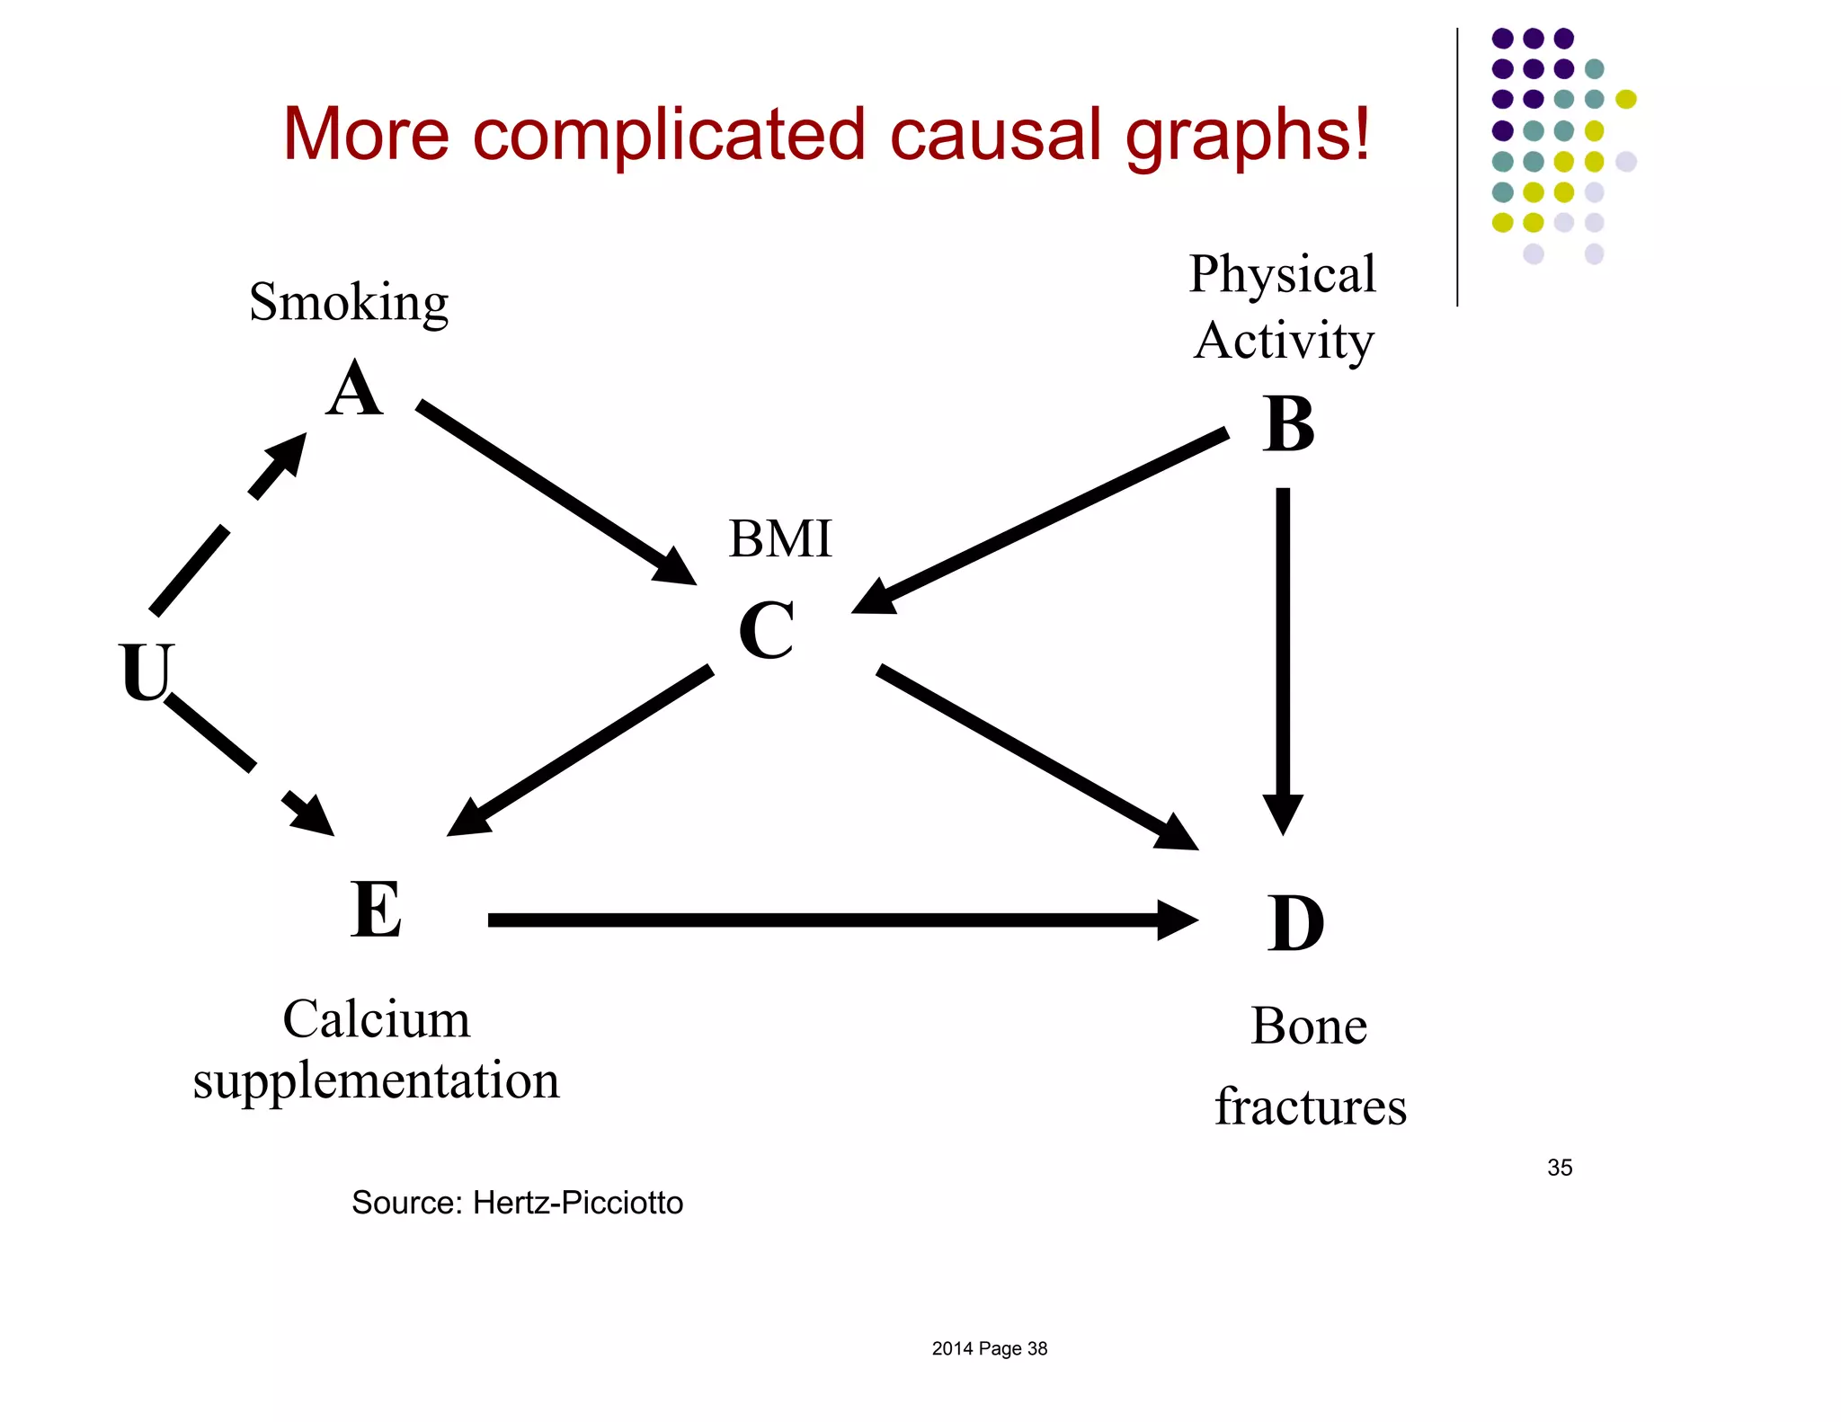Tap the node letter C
pyautogui.click(x=767, y=630)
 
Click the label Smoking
pyautogui.click(x=349, y=302)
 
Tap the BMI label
pyautogui.click(x=780, y=538)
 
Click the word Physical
pyautogui.click(x=1282, y=274)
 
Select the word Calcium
pyautogui.click(x=377, y=1019)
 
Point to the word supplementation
pyautogui.click(x=376, y=1080)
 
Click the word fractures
pyautogui.click(x=1311, y=1106)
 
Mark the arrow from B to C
pyautogui.click(x=1043, y=520)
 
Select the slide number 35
pyautogui.click(x=1560, y=1168)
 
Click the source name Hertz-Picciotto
pyautogui.click(x=578, y=1203)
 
